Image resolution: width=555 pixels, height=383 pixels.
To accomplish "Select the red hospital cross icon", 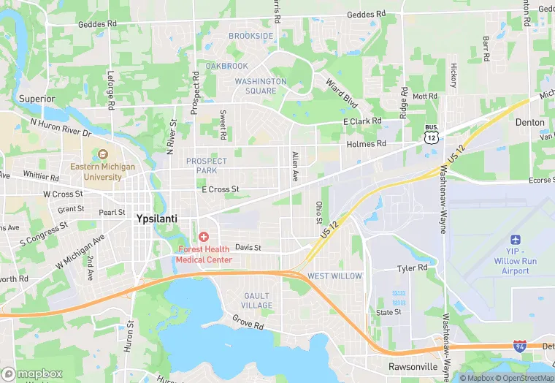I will (203, 238).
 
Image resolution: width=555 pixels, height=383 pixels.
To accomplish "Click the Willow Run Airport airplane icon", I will (516, 240).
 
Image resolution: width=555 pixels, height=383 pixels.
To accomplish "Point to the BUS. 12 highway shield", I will (432, 134).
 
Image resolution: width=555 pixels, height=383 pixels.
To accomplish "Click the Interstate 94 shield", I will (520, 346).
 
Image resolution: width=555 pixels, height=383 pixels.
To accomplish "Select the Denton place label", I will (530, 123).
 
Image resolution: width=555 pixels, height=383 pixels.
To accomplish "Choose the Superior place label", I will (37, 99).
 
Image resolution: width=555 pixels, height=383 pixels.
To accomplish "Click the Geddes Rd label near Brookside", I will (367, 15).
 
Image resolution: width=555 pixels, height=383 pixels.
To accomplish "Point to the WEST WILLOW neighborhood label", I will (334, 276).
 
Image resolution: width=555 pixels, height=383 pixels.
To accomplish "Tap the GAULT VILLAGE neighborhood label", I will (257, 300).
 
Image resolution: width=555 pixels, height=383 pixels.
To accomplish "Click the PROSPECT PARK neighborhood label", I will (207, 165).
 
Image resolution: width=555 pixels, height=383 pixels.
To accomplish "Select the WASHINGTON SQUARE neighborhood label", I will (261, 86).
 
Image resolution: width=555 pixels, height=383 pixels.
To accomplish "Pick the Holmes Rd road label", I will (366, 144).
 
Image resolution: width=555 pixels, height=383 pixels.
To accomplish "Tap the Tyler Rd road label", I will (412, 268).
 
